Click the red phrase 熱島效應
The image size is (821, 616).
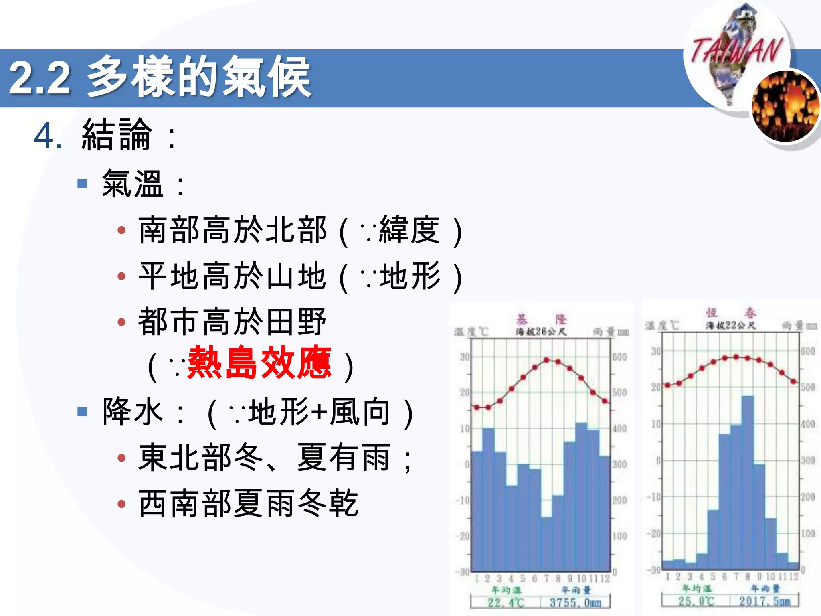[259, 363]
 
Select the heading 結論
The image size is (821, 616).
[117, 135]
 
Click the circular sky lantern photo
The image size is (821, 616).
[785, 106]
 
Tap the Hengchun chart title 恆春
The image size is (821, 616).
[731, 312]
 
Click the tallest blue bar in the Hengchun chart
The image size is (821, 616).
[748, 481]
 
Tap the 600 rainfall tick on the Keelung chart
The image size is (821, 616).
[619, 357]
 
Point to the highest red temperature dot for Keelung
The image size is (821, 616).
[546, 360]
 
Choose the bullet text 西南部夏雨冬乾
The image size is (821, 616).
[248, 503]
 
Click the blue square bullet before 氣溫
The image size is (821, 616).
[82, 184]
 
